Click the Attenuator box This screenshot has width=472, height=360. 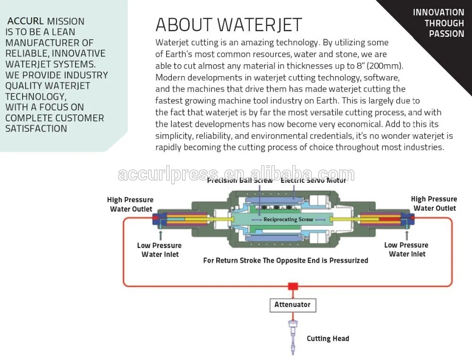click(293, 305)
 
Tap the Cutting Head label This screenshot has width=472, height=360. click(328, 339)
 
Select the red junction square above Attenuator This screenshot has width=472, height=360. click(293, 286)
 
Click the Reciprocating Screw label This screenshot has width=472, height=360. click(288, 219)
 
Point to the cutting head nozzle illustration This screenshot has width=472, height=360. click(292, 337)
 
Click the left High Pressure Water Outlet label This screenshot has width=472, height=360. click(130, 204)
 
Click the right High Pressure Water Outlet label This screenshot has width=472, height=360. click(434, 204)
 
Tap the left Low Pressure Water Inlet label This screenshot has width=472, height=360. click(159, 250)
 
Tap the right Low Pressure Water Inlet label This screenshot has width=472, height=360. click(406, 249)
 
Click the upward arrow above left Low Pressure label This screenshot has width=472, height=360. click(161, 235)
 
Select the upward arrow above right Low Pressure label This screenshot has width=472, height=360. click(407, 235)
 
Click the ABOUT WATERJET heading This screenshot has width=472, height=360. click(229, 25)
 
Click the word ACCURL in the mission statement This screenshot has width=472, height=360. click(25, 21)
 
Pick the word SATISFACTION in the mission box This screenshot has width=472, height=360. click(36, 129)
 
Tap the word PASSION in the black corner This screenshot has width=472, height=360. click(447, 34)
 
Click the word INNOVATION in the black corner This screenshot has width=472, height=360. click(438, 12)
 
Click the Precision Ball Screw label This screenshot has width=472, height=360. click(240, 180)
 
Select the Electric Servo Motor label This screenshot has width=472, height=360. click(313, 180)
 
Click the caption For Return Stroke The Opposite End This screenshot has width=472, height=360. click(286, 260)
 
